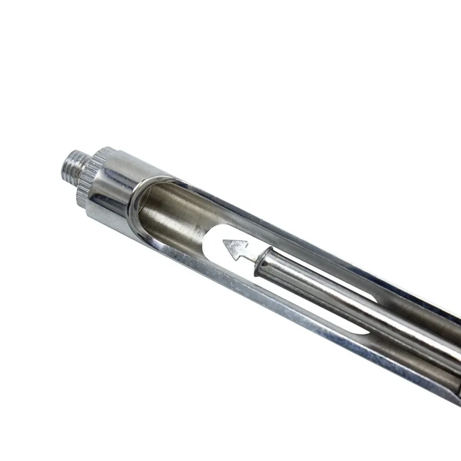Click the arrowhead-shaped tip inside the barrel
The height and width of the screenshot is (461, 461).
pos(235,248)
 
